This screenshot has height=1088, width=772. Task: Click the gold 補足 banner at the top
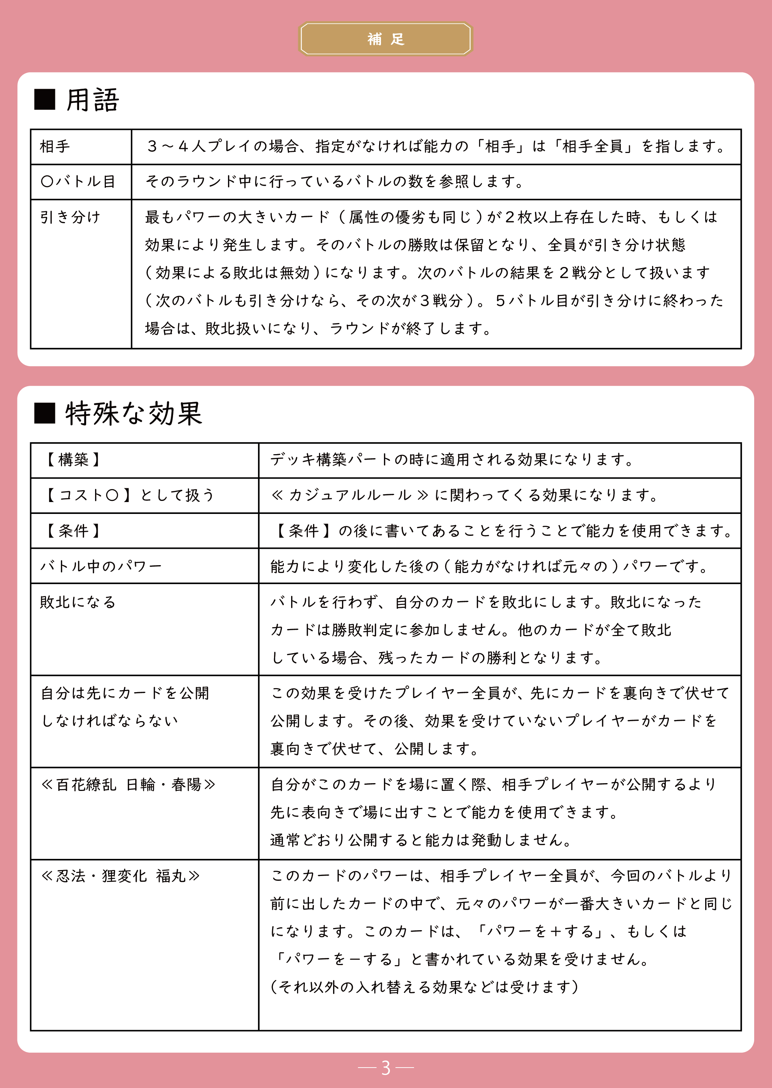point(385,39)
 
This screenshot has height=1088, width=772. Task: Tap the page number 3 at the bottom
point(385,1067)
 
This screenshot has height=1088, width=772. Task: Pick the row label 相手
point(55,146)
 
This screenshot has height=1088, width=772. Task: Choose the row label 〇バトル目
point(78,182)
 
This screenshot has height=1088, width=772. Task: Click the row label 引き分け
point(70,217)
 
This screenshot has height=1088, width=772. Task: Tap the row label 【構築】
point(73,460)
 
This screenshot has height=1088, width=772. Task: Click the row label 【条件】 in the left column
point(73,531)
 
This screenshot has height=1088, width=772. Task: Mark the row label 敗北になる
point(78,602)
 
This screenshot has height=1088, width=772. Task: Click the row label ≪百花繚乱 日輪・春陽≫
point(128,785)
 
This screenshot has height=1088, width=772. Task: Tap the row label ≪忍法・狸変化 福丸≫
point(120,876)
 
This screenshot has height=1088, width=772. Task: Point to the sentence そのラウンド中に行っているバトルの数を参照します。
point(334,182)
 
